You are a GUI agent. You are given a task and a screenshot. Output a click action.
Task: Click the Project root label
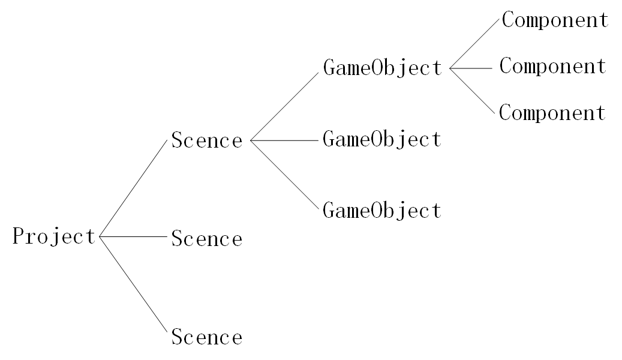click(54, 237)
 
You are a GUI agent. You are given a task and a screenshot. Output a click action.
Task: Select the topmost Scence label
click(207, 141)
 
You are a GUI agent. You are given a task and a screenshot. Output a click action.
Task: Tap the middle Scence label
click(207, 239)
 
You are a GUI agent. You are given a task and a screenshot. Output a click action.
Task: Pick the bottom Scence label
click(207, 337)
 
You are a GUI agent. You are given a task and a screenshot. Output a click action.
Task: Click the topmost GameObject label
click(382, 68)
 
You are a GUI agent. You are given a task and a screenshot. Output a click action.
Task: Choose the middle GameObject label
click(382, 140)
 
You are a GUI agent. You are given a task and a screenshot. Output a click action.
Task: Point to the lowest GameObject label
click(382, 211)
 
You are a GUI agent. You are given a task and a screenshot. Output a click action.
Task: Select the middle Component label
click(553, 66)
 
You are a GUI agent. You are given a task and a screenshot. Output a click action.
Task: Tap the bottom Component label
click(553, 113)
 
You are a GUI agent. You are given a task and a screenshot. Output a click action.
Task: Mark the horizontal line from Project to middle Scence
click(132, 237)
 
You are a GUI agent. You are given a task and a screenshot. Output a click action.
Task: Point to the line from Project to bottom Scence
click(132, 284)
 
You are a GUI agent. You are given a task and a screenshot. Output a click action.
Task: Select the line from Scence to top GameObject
click(284, 106)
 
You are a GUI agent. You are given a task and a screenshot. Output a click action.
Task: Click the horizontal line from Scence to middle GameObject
click(284, 140)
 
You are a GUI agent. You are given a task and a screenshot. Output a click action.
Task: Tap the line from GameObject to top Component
click(474, 43)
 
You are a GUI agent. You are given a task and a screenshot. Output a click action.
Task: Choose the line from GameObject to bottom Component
click(474, 92)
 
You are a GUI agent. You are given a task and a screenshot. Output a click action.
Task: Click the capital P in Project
click(19, 237)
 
